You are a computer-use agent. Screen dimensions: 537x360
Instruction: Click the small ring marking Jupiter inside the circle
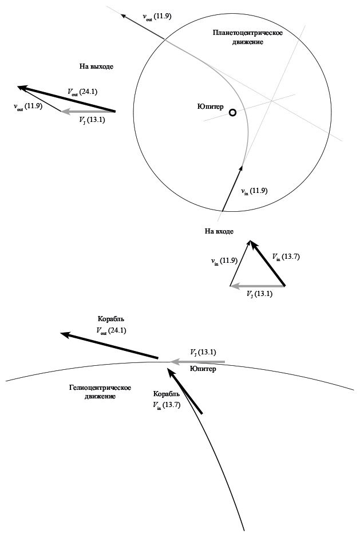coord(232,113)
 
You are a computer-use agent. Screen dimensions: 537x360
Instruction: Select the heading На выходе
coord(96,66)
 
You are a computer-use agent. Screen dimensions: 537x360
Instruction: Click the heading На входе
coord(219,231)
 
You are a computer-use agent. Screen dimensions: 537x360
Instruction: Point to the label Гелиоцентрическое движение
coord(100,392)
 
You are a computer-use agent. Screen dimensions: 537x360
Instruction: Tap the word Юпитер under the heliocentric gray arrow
coord(203,369)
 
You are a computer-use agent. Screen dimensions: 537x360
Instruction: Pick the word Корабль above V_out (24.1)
coord(111,319)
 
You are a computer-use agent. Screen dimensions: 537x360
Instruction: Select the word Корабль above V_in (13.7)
coord(167,394)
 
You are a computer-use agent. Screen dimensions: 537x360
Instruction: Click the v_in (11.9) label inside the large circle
coord(254,191)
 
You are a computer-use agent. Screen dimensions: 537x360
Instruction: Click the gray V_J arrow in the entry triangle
coord(258,285)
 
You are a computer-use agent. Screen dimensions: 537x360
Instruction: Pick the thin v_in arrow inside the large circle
coord(231,189)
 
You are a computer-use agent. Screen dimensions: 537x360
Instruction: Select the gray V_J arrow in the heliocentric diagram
coord(198,361)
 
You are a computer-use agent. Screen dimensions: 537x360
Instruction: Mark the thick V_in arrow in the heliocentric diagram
coord(185,390)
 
